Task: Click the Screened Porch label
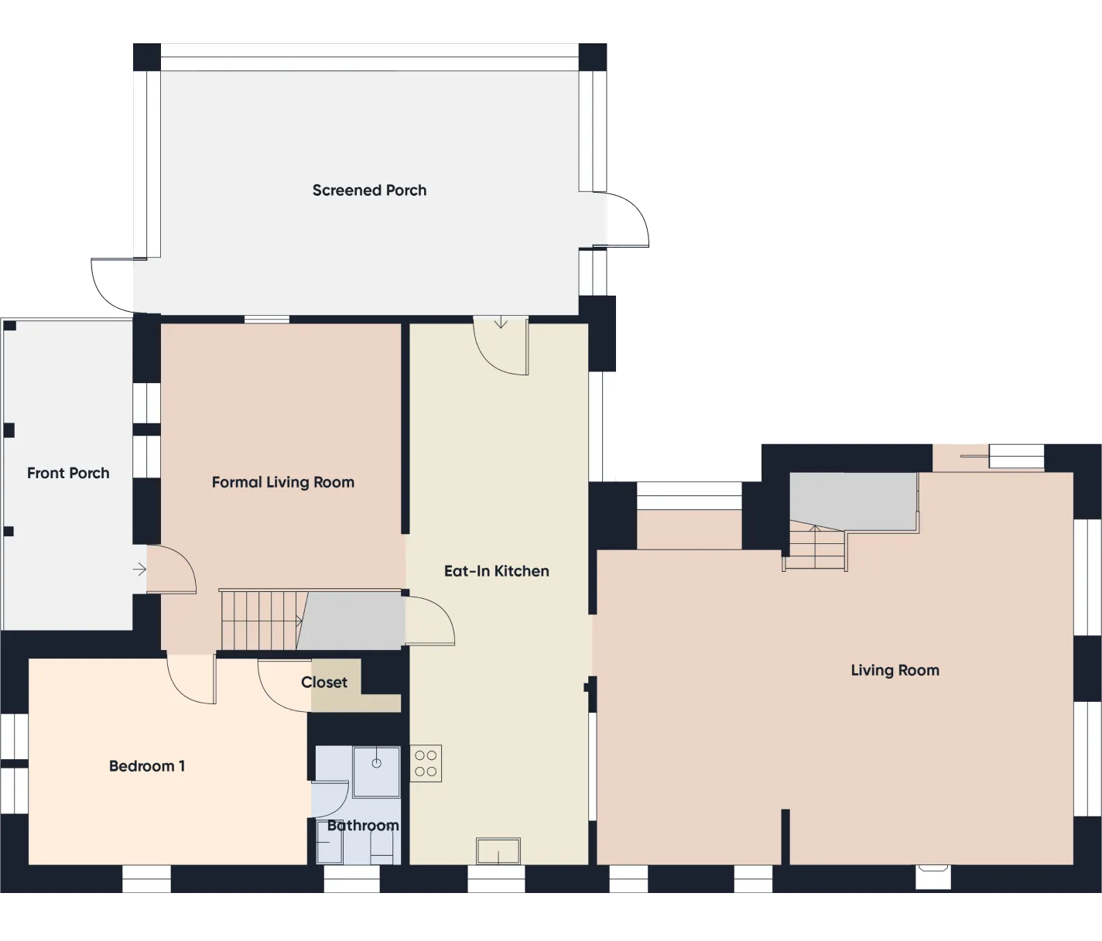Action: click(369, 190)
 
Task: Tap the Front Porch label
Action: click(68, 473)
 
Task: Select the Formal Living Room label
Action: click(282, 482)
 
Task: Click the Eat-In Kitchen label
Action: click(496, 571)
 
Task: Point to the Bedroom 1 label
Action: click(146, 766)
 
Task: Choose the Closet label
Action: click(324, 683)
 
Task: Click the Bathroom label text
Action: click(362, 826)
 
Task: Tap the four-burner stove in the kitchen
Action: click(426, 763)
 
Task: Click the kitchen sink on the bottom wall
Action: click(498, 850)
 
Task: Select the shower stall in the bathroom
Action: click(376, 771)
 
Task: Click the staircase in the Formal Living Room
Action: click(259, 621)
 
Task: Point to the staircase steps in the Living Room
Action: click(815, 547)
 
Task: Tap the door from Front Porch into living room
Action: click(170, 570)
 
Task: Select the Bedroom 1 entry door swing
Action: click(191, 679)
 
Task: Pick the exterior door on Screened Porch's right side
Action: click(628, 221)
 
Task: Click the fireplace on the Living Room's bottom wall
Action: click(933, 876)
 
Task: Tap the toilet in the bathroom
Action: click(382, 851)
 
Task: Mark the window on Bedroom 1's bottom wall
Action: click(146, 880)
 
